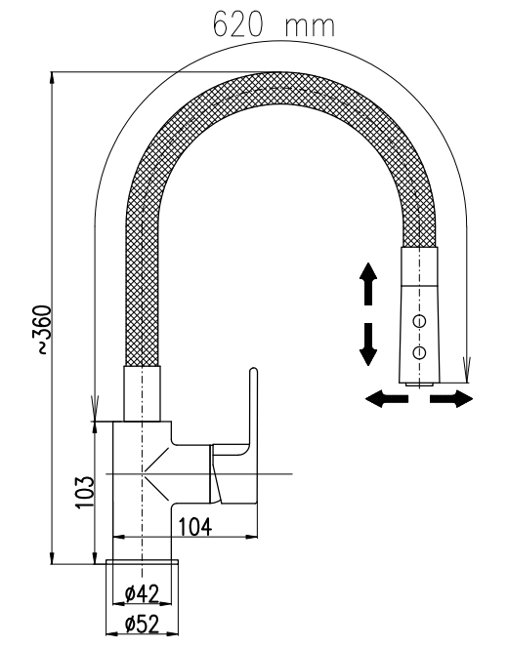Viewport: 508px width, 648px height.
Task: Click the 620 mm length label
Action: pos(274,24)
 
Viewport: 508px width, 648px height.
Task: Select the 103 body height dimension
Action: pos(85,492)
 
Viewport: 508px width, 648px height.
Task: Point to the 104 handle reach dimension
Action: pos(194,527)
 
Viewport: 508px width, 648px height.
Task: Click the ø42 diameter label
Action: pos(142,594)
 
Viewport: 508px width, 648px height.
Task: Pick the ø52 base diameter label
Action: pos(142,625)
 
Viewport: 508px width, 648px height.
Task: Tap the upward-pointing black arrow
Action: pos(368,283)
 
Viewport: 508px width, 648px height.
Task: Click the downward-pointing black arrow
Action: pos(368,344)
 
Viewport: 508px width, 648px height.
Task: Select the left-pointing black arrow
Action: pos(387,399)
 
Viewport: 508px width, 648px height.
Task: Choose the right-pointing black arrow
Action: pos(451,399)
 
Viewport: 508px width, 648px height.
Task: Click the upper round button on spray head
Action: pos(419,321)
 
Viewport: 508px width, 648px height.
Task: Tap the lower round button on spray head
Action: pos(419,352)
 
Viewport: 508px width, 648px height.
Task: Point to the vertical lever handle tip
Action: pos(254,371)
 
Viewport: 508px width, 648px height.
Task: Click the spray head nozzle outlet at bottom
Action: pos(420,385)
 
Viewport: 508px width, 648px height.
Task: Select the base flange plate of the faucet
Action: pos(143,562)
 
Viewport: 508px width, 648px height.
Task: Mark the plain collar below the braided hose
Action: pos(142,393)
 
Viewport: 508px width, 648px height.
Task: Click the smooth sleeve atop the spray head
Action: pos(419,266)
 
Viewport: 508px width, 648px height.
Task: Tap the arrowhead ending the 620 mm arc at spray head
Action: pos(467,370)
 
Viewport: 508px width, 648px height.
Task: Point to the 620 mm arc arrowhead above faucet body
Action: pos(95,409)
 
